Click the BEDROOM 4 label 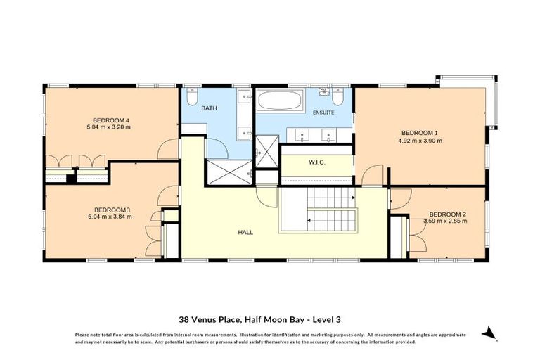[108, 120]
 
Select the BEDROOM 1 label [420, 133]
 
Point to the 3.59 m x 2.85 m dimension [445, 221]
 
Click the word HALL [245, 232]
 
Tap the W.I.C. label [316, 163]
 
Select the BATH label [209, 108]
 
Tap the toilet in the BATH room [195, 96]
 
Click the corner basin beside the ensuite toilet [324, 91]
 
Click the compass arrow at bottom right [490, 333]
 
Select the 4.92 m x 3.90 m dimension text [420, 141]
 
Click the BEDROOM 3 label [112, 210]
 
